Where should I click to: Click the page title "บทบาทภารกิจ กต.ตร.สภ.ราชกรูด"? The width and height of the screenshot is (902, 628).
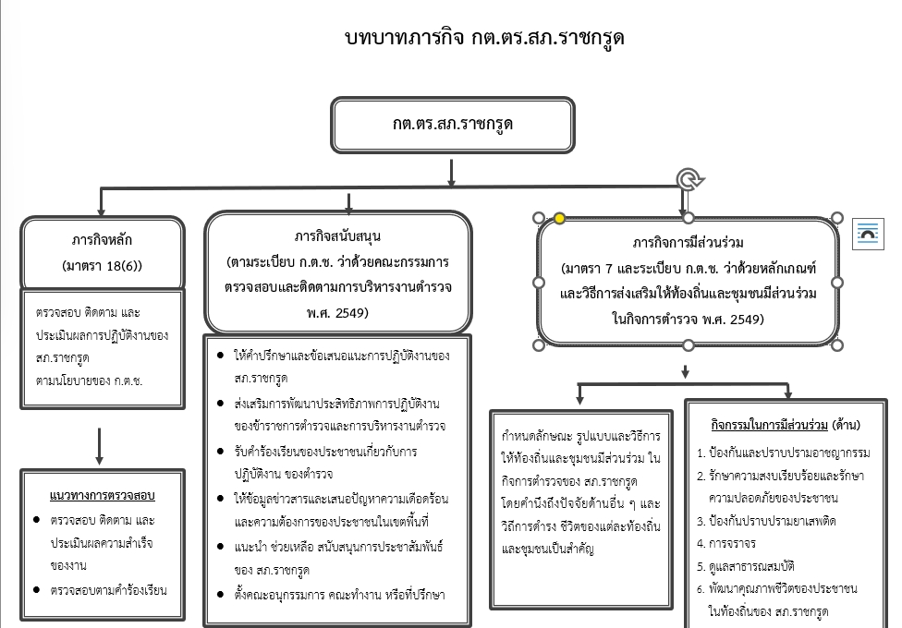click(483, 38)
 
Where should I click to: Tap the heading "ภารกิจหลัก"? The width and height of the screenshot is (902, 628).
click(102, 240)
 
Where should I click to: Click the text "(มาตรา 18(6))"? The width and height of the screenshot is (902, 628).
click(102, 266)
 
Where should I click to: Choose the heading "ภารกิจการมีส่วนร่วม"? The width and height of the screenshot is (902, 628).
click(689, 244)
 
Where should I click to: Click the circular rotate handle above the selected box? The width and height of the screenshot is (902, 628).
click(687, 179)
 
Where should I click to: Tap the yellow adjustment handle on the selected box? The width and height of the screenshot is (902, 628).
click(559, 219)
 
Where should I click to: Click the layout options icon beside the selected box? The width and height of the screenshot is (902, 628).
click(868, 233)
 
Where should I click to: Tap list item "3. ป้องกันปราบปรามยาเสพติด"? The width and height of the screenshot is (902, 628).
click(766, 521)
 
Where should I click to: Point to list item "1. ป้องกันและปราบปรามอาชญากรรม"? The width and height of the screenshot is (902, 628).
click(783, 453)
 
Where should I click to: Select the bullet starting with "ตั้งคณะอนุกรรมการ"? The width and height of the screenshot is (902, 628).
click(339, 594)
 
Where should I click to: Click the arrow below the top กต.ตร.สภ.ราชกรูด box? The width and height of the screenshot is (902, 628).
click(451, 173)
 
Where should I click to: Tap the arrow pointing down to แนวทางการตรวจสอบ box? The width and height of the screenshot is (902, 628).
click(99, 446)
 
